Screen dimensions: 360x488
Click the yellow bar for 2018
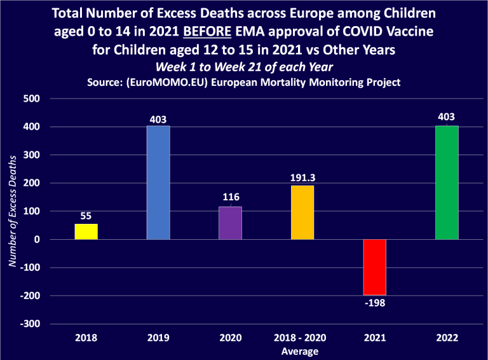pos(86,232)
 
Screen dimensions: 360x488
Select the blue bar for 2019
pos(158,183)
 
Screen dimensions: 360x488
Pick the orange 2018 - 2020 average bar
pos(302,212)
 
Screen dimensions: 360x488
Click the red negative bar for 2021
pos(374,267)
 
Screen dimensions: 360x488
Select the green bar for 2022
pos(447,183)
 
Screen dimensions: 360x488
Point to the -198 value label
pos(374,303)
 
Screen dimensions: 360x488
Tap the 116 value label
pos(230,198)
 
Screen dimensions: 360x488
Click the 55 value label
pos(86,216)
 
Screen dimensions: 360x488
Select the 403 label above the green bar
pos(447,117)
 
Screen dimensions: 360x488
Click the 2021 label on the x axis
pos(374,338)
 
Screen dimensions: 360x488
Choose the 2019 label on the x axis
pos(158,338)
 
